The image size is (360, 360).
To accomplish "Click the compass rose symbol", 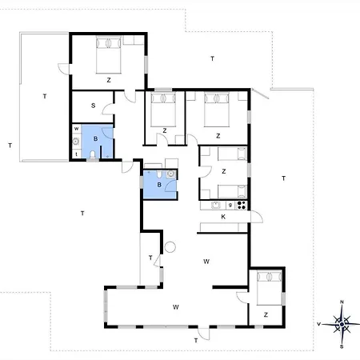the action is pyautogui.click(x=342, y=324).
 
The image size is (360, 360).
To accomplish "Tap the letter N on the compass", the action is pyautogui.click(x=342, y=302).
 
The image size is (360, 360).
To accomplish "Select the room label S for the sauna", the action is pyautogui.click(x=93, y=106).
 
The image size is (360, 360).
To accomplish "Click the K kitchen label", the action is pyautogui.click(x=223, y=217).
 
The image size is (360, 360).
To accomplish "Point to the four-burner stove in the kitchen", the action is pyautogui.click(x=242, y=205).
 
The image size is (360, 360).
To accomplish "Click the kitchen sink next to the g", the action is pyautogui.click(x=215, y=205).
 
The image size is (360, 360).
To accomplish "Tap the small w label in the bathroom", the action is pyautogui.click(x=76, y=129).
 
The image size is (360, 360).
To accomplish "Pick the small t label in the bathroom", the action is pyautogui.click(x=77, y=154).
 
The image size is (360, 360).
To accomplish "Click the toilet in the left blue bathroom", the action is pyautogui.click(x=93, y=155).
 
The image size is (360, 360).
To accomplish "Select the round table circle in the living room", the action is pyautogui.click(x=170, y=247).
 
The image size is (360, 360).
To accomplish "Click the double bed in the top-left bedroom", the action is pyautogui.click(x=109, y=54).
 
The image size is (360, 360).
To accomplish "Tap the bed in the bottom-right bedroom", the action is pyautogui.click(x=270, y=288).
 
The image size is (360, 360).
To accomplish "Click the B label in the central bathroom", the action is pyautogui.click(x=159, y=185).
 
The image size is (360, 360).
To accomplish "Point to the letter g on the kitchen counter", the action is pyautogui.click(x=230, y=205).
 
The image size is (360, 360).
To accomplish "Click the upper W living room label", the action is pyautogui.click(x=206, y=262).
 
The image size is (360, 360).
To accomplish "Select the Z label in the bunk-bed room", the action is pyautogui.click(x=224, y=171).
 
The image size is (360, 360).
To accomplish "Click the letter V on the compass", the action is pyautogui.click(x=318, y=324).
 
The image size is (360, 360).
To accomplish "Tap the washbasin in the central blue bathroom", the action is pyautogui.click(x=170, y=174).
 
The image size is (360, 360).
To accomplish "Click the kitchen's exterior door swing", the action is pyautogui.click(x=257, y=217).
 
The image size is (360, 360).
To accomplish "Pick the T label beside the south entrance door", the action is pyautogui.click(x=196, y=341).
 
